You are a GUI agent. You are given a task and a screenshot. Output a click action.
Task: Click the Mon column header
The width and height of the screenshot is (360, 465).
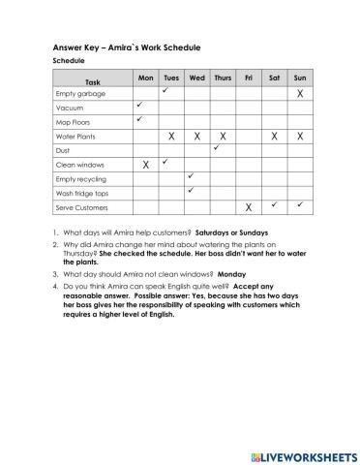[146, 77]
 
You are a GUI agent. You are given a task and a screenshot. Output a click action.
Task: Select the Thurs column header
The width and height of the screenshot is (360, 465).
[223, 77]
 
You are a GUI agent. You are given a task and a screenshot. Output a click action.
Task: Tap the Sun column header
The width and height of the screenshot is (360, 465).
[300, 77]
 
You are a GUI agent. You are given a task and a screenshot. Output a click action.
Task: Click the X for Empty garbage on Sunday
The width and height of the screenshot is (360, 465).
[300, 94]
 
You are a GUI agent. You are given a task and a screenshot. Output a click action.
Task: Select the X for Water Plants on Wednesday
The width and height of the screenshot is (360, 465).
[196, 137]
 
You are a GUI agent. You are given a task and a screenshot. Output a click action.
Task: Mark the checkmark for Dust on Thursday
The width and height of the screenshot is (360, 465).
[218, 148]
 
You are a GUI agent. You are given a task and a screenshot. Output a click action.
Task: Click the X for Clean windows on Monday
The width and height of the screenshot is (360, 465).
[146, 166]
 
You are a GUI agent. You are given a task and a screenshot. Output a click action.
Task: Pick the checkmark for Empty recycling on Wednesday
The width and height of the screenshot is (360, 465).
[192, 176]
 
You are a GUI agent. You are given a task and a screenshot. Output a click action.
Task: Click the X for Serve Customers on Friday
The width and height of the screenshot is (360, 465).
[249, 208]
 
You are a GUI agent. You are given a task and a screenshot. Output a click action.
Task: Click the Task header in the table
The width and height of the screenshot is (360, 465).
[93, 82]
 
